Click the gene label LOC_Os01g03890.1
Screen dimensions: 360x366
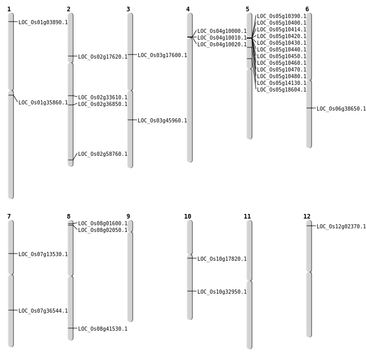click(x=43, y=23)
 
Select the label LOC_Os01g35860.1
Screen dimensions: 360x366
click(x=43, y=103)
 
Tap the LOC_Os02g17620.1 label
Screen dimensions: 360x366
click(x=103, y=57)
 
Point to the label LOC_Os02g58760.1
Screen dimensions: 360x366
click(x=103, y=154)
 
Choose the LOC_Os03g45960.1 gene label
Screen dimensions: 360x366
click(x=162, y=121)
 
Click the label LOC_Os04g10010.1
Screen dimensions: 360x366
click(x=222, y=38)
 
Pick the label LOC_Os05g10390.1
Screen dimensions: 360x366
click(x=282, y=16)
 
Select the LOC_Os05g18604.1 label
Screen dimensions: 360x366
click(x=282, y=90)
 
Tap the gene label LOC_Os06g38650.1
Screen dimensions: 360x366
click(x=341, y=109)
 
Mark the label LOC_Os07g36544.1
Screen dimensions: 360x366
click(x=43, y=311)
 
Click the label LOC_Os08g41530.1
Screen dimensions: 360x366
click(x=103, y=329)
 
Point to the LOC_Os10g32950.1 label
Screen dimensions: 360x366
click(x=222, y=292)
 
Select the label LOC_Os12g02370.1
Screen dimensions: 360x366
click(x=341, y=227)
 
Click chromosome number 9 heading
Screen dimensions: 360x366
click(x=128, y=217)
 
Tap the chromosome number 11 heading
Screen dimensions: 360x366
click(x=247, y=217)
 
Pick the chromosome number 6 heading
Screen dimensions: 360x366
click(x=307, y=9)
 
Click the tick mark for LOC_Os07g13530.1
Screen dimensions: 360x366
click(x=11, y=254)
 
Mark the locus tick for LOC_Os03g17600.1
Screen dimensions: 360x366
click(x=130, y=55)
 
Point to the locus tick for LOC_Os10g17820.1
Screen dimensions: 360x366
click(x=190, y=258)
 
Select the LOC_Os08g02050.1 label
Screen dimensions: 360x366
click(x=103, y=230)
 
